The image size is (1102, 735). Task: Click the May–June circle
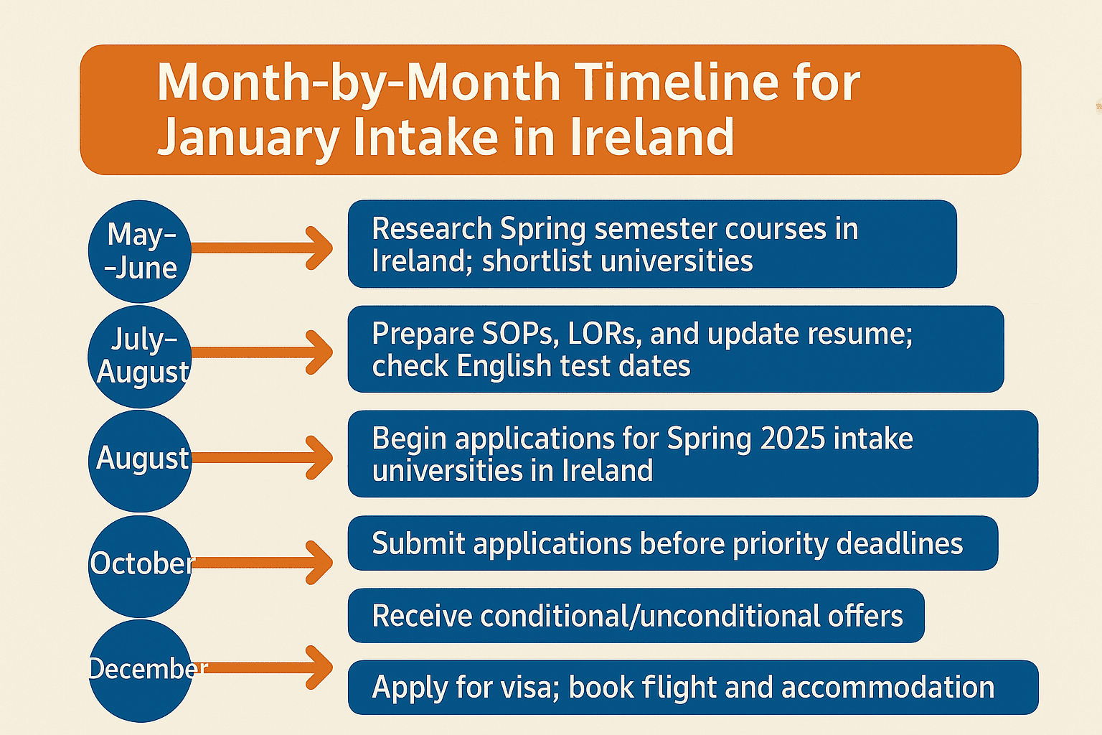click(140, 251)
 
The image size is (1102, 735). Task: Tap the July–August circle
click(140, 357)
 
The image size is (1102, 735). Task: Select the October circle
click(140, 566)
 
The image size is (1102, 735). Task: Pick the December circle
click(140, 671)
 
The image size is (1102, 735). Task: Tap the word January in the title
click(248, 138)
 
